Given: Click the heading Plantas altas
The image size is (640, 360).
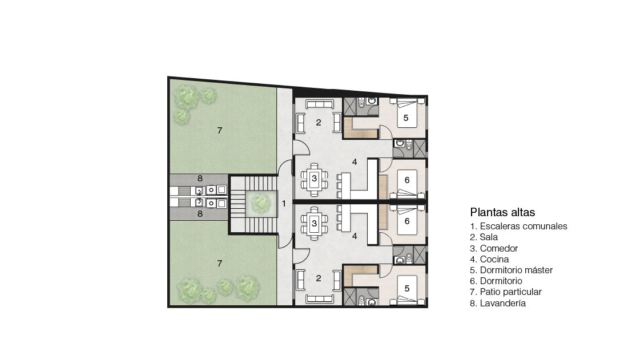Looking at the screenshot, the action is point(502,212).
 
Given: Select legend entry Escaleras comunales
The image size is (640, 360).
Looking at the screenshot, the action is point(519,226).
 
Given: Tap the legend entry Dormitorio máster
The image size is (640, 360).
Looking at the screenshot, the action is point(512,270).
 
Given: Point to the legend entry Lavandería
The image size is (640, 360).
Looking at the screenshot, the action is point(498,304).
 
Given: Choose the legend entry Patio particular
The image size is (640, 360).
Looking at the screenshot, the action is point(506,292).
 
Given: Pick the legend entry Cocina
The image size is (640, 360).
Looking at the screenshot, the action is point(489,259).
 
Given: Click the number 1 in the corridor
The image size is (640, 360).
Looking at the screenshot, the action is point(284,204).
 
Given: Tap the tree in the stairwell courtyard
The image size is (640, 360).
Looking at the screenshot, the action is point(260,203).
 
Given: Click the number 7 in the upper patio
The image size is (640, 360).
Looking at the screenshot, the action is point(220,131).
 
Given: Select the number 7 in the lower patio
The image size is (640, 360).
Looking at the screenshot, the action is point(220,264).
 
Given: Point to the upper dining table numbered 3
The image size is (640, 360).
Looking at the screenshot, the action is point(314,179).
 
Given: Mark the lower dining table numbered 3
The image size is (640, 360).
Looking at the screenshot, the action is point(314,224).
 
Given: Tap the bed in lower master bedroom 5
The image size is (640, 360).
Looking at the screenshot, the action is point(406,290).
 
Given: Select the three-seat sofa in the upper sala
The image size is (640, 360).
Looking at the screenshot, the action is point(320,104).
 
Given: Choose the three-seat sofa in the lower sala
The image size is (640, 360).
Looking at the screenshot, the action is point(320,298).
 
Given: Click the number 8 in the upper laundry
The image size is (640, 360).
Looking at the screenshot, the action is point(200,179).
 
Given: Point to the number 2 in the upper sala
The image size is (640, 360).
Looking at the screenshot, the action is point(319,122).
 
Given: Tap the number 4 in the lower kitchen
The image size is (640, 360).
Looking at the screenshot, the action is point(355,236).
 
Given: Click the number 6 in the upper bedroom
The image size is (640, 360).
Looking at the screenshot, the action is point(407,180).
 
